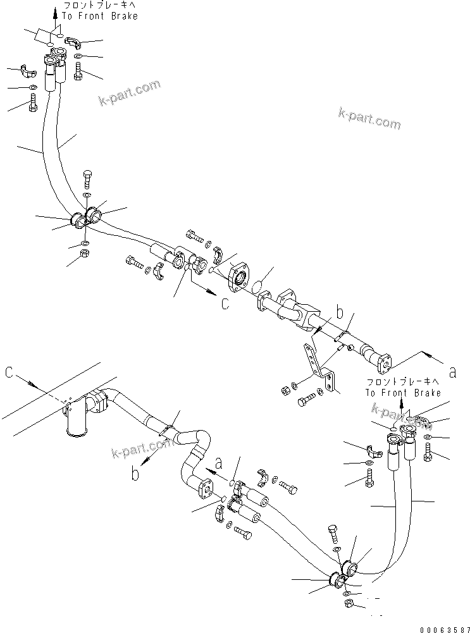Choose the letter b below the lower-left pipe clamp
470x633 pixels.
point(135,474)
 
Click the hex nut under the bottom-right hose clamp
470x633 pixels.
point(349,606)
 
